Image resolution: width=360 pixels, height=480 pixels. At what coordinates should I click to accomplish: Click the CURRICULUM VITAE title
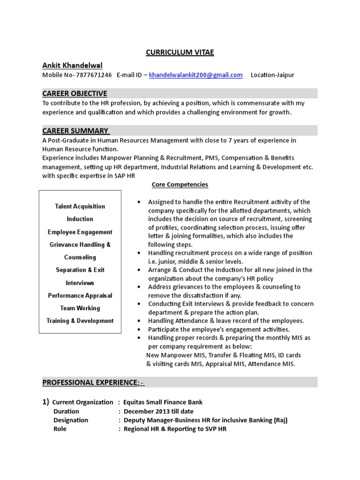180,52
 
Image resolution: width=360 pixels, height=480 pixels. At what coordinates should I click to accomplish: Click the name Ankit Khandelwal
73,65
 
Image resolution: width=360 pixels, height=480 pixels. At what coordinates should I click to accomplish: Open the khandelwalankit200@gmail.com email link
196,75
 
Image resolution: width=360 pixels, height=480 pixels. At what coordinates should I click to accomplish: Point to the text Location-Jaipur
272,75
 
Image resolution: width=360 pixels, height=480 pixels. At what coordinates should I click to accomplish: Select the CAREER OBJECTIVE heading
75,93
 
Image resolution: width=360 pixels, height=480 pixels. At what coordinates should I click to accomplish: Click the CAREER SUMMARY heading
76,130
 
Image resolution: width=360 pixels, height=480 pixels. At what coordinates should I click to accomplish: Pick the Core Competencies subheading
180,185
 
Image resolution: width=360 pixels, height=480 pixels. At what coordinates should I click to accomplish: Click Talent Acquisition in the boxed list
80,206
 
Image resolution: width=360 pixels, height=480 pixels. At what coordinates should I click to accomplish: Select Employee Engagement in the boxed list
80,232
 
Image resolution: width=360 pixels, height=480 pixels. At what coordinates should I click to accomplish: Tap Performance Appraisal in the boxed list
80,296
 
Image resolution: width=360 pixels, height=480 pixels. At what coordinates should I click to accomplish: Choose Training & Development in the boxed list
80,321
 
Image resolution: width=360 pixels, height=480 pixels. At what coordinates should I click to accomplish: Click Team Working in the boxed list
80,308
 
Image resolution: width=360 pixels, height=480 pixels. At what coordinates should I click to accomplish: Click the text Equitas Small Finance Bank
163,402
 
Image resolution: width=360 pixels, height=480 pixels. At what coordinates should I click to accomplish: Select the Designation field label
70,420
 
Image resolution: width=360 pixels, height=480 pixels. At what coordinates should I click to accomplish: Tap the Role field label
60,429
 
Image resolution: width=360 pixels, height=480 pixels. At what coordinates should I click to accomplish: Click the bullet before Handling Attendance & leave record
139,321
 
